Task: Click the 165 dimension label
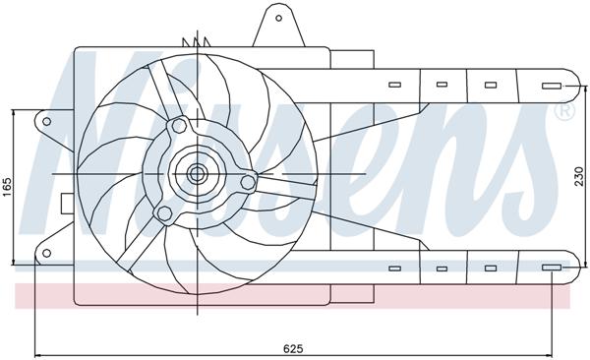pyautogui.click(x=8, y=184)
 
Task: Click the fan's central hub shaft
pyautogui.click(x=196, y=175)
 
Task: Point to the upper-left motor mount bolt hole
pyautogui.click(x=177, y=126)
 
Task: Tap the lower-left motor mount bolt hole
pyautogui.click(x=163, y=213)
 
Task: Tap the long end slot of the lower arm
pyautogui.click(x=552, y=268)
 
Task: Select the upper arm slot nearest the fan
pyautogui.click(x=394, y=86)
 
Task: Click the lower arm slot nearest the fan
pyautogui.click(x=394, y=268)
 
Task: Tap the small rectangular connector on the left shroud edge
pyautogui.click(x=66, y=204)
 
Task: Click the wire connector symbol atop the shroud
pyautogui.click(x=203, y=41)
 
